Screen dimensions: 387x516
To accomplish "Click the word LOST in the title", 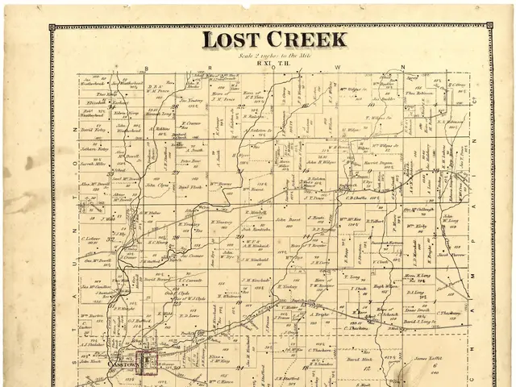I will tap(228, 40).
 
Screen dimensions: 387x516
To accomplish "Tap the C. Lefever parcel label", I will tap(94, 239).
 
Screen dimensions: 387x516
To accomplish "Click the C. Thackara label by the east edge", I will tap(449, 313).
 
